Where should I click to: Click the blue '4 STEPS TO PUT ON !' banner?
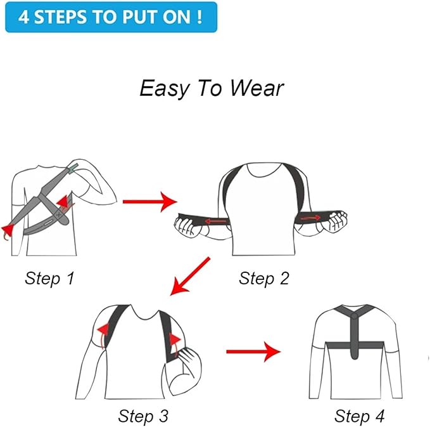(110, 17)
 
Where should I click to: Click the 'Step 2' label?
(265, 277)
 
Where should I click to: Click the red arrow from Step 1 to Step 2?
(149, 202)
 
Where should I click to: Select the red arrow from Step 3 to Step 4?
(253, 350)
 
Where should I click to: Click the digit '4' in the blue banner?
(24, 17)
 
